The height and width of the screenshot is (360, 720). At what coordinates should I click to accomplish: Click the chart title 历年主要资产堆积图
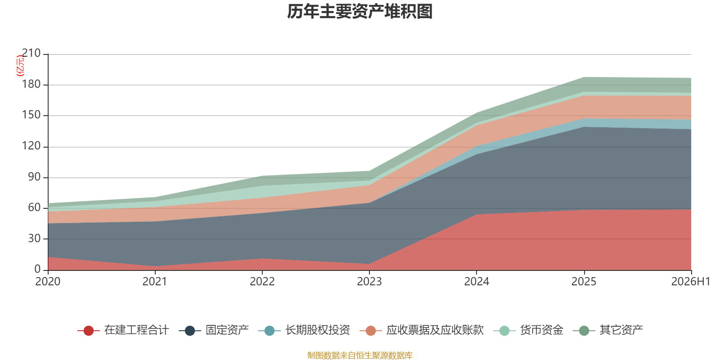click(x=360, y=12)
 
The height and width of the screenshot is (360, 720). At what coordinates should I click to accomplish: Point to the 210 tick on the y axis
click(x=31, y=53)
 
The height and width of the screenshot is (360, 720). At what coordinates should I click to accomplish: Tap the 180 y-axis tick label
click(x=31, y=84)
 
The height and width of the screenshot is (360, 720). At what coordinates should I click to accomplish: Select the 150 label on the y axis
click(x=31, y=115)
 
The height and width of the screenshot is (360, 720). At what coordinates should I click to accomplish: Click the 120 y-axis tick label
click(x=31, y=146)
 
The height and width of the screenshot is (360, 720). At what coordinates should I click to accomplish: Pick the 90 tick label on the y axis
click(x=34, y=177)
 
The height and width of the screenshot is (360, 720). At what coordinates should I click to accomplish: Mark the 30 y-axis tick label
click(x=34, y=238)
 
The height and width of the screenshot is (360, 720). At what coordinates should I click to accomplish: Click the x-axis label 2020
click(x=48, y=282)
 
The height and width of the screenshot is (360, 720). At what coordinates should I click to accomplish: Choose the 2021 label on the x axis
click(x=155, y=282)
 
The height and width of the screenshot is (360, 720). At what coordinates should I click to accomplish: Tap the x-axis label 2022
click(x=262, y=282)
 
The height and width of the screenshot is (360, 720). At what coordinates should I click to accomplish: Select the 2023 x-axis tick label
click(x=369, y=282)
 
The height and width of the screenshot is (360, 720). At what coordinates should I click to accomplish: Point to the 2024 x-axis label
click(x=477, y=282)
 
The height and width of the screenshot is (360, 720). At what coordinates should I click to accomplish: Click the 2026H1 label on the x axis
click(x=690, y=282)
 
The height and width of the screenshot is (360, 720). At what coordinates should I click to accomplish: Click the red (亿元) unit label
click(x=20, y=66)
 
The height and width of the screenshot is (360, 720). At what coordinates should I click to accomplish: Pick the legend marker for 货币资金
click(x=504, y=331)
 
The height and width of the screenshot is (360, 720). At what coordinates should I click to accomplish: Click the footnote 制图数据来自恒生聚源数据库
click(x=360, y=355)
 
